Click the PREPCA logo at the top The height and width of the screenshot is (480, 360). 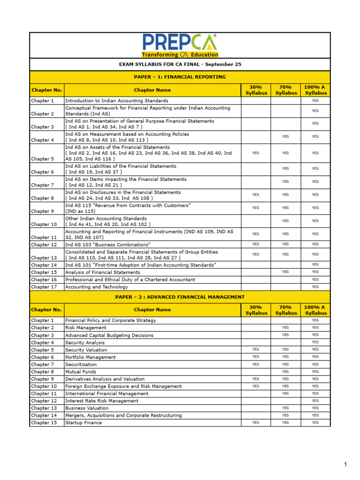pyautogui.click(x=180, y=45)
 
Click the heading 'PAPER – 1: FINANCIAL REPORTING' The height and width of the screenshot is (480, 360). pyautogui.click(x=180, y=77)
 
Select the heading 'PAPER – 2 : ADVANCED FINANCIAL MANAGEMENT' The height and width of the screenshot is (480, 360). pyautogui.click(x=180, y=297)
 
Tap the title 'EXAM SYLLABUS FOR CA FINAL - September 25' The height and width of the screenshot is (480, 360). pyautogui.click(x=180, y=64)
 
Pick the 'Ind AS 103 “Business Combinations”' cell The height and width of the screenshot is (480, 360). pyautogui.click(x=108, y=245)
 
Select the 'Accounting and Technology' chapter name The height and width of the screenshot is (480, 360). pyautogui.click(x=97, y=287)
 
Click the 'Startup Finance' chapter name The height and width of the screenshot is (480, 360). pyautogui.click(x=83, y=423)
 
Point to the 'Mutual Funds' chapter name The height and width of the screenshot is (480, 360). pyautogui.click(x=80, y=372)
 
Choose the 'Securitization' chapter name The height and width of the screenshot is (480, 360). pyautogui.click(x=81, y=364)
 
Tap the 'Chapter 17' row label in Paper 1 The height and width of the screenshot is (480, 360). pyautogui.click(x=44, y=287)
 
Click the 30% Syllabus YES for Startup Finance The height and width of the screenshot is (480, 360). pyautogui.click(x=255, y=423)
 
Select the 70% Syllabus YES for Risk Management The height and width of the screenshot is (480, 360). pyautogui.click(x=285, y=328)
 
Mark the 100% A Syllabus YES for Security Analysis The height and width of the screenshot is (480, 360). pyautogui.click(x=315, y=342)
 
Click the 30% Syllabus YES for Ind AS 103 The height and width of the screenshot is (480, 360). pyautogui.click(x=255, y=244)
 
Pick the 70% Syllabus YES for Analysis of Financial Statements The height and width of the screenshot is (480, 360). pyautogui.click(x=285, y=272)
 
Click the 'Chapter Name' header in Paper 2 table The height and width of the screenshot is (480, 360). pyautogui.click(x=152, y=310)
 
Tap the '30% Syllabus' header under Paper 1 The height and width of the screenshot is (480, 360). pyautogui.click(x=256, y=90)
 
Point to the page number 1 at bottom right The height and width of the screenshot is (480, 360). pyautogui.click(x=345, y=465)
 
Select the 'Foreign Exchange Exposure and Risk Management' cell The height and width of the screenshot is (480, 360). pyautogui.click(x=123, y=386)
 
